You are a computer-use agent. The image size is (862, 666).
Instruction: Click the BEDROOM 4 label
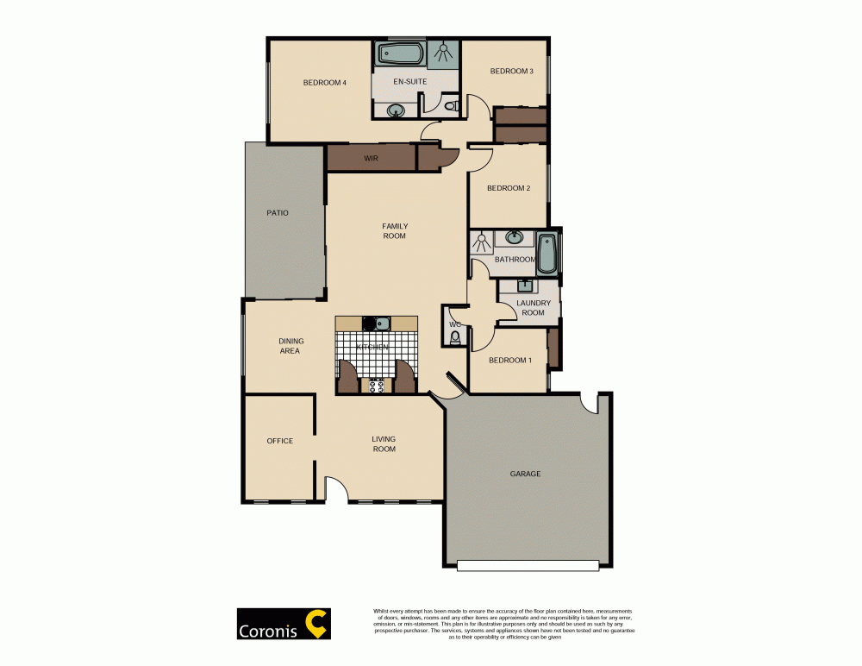(x=324, y=83)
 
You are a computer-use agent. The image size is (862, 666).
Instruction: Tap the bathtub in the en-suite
(x=400, y=54)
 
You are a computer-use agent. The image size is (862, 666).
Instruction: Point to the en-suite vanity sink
(x=397, y=110)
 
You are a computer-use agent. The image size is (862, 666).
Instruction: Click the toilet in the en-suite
(x=449, y=106)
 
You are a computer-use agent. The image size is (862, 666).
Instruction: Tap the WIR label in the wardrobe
(x=371, y=159)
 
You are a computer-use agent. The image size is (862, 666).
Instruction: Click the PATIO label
(x=278, y=212)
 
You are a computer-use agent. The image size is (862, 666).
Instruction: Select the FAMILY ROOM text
(x=395, y=231)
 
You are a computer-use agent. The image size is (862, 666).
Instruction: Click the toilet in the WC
(x=455, y=336)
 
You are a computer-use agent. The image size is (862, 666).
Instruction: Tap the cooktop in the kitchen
(x=377, y=386)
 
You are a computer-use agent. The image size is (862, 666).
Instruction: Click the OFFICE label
(x=279, y=441)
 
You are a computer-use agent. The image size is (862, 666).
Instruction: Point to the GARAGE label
(x=525, y=474)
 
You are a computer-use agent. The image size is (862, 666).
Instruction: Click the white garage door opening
(x=528, y=566)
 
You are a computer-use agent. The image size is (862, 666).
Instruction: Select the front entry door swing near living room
(x=335, y=490)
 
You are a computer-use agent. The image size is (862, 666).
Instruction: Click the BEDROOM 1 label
(x=510, y=360)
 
